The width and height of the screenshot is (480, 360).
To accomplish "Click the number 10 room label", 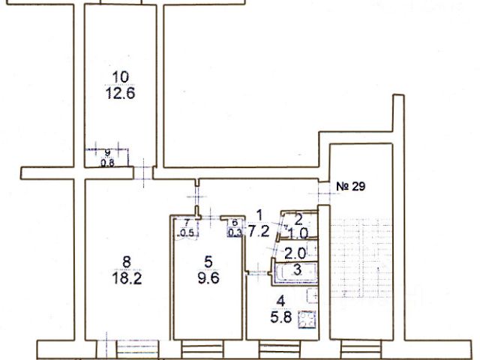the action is [x=121, y=76].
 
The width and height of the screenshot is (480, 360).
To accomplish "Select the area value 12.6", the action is [x=120, y=93].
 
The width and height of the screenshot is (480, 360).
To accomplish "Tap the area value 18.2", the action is [x=127, y=278].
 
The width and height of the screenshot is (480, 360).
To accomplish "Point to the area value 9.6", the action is [x=208, y=278].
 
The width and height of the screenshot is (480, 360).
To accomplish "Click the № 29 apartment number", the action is [x=351, y=186].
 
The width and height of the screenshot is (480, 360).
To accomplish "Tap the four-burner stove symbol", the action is [x=307, y=319].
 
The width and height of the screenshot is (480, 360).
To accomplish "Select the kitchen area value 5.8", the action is [x=281, y=317].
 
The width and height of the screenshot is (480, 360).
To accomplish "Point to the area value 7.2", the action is [x=259, y=232].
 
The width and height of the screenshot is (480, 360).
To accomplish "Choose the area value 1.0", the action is [x=298, y=234].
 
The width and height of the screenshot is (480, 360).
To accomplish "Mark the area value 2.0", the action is [x=295, y=253].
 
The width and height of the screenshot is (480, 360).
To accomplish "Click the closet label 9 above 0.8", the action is [x=107, y=152].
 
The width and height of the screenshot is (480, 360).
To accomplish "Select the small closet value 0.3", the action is [x=235, y=232].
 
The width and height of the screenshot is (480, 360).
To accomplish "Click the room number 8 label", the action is [x=127, y=262].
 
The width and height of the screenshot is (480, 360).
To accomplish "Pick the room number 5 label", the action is [x=208, y=262].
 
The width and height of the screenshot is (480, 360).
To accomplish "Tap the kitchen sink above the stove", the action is [x=313, y=296].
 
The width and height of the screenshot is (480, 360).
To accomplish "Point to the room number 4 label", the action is [x=280, y=301].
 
